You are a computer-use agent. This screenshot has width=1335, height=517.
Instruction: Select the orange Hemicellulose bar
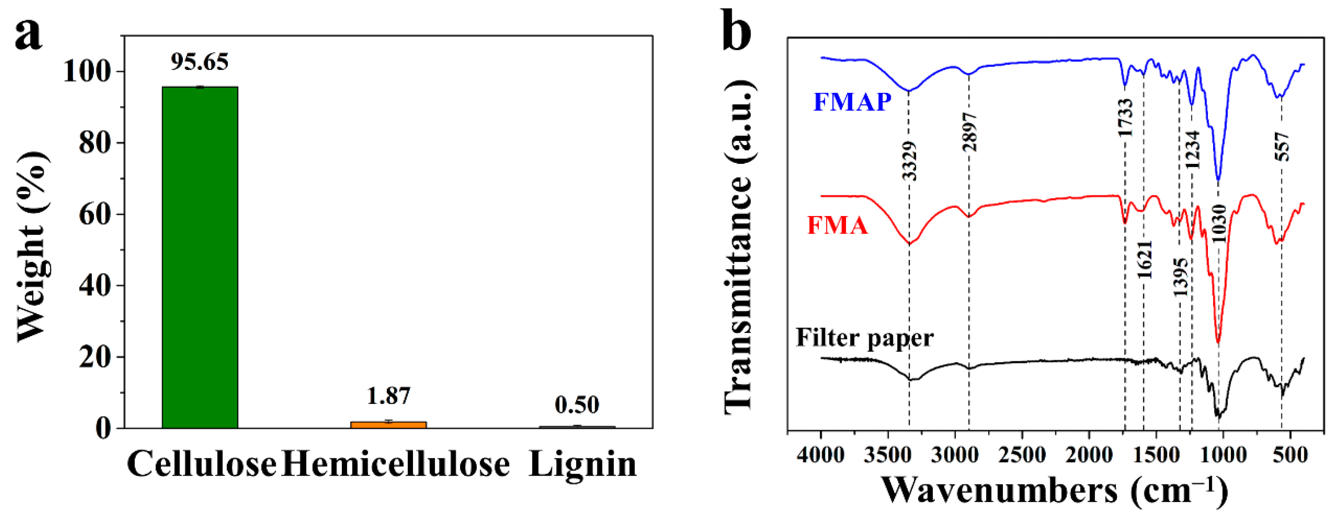coord(388,424)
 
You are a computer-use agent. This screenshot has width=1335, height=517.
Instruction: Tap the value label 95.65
coord(200,62)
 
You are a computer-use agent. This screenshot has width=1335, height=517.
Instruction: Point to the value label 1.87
coord(388,396)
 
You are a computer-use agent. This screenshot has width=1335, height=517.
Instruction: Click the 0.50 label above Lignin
coord(577,405)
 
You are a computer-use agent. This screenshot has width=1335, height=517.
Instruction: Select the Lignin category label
coord(582,464)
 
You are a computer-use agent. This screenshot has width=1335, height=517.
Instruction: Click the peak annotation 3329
coord(909,161)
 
